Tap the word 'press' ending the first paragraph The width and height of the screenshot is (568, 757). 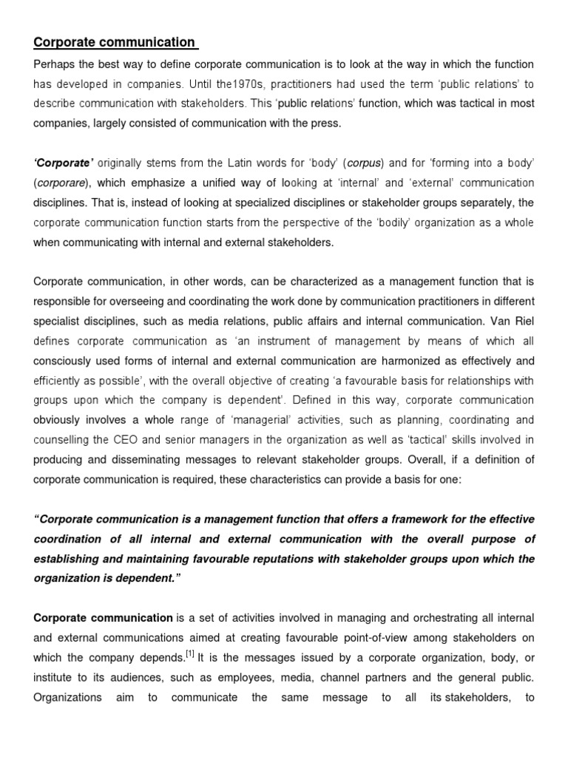tap(325, 123)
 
